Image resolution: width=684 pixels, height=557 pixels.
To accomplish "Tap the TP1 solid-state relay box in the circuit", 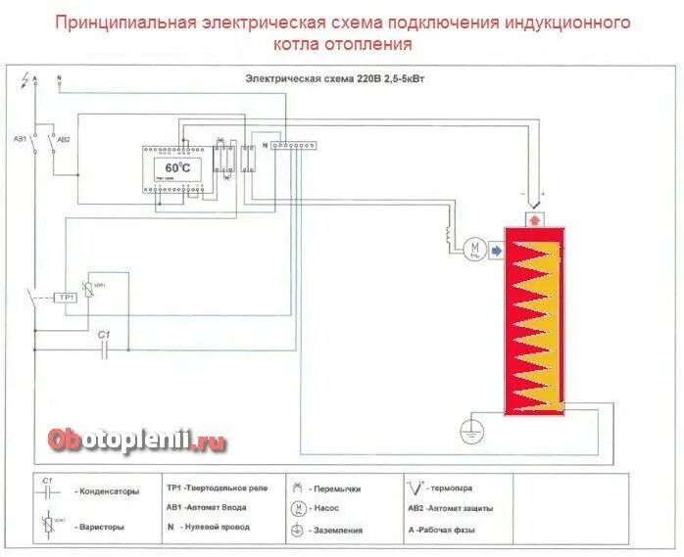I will [x=67, y=297].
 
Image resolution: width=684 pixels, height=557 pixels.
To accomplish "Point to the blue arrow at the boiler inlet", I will [x=495, y=251].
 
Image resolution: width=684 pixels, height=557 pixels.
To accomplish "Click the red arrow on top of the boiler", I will [x=534, y=219].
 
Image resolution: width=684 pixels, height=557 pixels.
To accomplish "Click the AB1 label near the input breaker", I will [x=19, y=140].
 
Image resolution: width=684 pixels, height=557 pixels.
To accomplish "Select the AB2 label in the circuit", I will [x=64, y=140].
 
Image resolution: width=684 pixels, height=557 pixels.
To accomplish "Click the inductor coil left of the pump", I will [x=451, y=237].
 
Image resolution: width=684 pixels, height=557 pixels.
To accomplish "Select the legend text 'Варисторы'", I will [x=100, y=527].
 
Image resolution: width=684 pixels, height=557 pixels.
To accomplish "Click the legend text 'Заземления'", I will [x=338, y=531].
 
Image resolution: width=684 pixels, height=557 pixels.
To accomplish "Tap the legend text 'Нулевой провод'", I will [x=218, y=527].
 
